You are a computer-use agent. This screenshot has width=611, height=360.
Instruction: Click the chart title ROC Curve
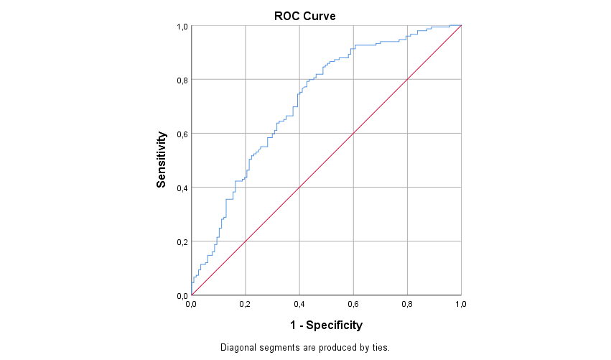[305, 15]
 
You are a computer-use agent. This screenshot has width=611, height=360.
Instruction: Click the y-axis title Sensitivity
[162, 160]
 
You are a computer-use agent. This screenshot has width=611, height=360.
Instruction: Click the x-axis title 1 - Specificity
[326, 326]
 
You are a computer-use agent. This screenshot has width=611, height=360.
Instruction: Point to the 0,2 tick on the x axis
[246, 304]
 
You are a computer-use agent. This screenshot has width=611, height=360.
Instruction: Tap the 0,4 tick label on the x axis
[299, 304]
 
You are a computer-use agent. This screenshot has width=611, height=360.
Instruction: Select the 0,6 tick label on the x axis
[353, 304]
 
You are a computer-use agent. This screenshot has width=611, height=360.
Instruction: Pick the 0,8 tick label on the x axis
[407, 304]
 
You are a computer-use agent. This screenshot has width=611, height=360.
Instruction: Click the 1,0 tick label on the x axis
[461, 304]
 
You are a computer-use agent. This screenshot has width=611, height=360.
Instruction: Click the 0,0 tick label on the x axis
[192, 304]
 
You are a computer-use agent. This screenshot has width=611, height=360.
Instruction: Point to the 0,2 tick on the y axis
[182, 241]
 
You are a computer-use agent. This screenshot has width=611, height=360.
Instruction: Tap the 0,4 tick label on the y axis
[182, 188]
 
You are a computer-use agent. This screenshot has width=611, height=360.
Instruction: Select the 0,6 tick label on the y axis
[182, 134]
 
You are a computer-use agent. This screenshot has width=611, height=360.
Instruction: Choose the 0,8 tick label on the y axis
[182, 80]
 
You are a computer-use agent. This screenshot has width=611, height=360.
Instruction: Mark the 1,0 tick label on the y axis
[182, 27]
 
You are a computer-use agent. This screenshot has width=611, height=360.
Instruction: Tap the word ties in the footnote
[378, 348]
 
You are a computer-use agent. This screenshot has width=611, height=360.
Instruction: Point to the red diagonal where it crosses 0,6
[353, 134]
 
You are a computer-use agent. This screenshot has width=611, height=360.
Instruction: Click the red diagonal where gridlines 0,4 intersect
[299, 188]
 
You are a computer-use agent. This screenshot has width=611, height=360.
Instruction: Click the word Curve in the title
[320, 15]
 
